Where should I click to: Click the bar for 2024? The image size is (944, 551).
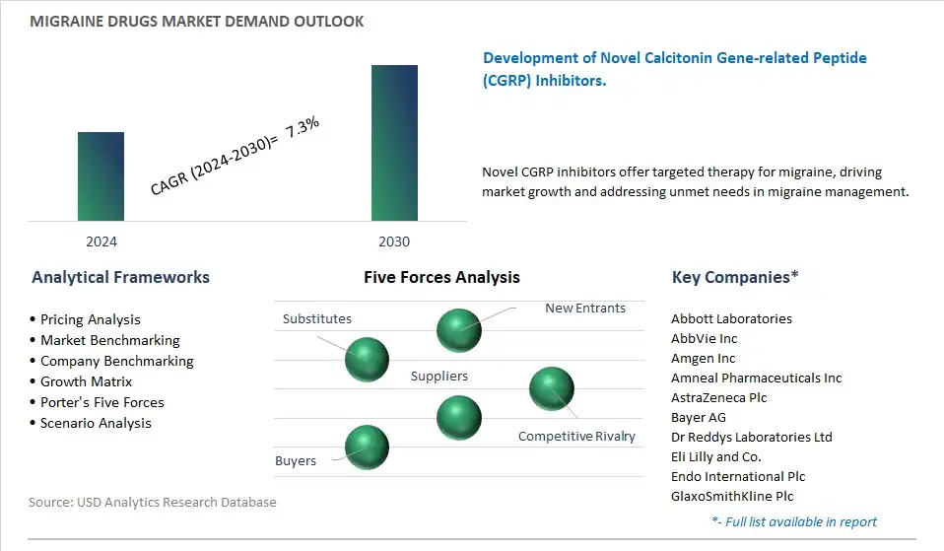101,176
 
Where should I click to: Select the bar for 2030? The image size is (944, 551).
394,143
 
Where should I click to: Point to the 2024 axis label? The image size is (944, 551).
101,241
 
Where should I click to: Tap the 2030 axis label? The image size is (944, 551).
394,241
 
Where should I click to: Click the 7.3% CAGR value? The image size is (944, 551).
303,127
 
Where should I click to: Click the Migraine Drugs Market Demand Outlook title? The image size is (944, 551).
197,22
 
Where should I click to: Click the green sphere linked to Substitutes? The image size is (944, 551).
367,360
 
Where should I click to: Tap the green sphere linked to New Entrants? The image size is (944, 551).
459,330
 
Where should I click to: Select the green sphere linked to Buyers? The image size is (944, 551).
367,448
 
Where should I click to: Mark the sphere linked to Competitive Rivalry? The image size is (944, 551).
552,389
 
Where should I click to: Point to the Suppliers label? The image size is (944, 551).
438,376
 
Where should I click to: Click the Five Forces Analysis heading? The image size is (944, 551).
441,277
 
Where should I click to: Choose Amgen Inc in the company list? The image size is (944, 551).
704,359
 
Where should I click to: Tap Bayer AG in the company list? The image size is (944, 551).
699,417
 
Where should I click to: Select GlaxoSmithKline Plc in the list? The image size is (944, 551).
732,496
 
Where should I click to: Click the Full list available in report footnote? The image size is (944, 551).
794,521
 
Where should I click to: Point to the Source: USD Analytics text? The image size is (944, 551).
153,503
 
